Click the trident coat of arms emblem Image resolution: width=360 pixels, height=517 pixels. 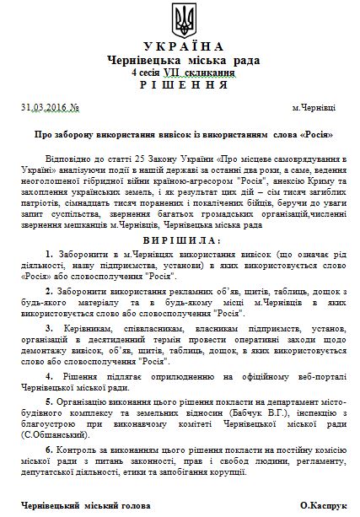(180, 18)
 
